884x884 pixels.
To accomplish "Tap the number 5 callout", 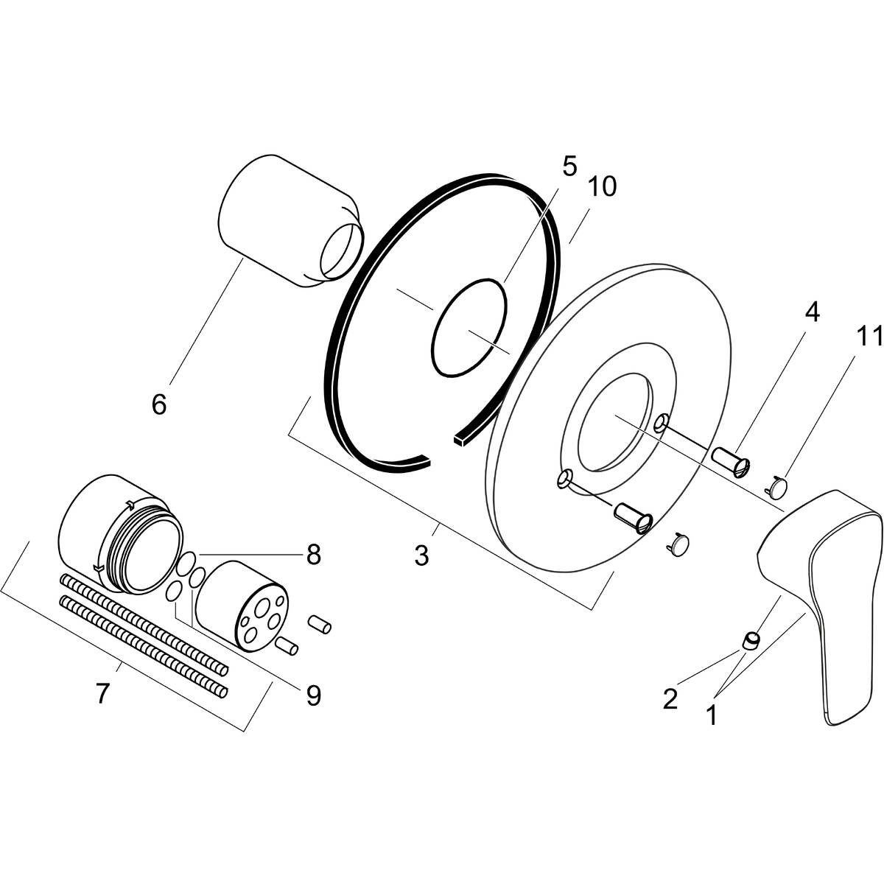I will [569, 166].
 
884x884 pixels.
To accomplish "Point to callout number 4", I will [811, 312].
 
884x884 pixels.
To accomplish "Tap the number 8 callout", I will [314, 555].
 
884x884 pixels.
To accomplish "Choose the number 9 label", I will [314, 695].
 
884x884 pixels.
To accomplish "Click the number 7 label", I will [102, 692].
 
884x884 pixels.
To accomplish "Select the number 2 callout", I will [670, 698].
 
